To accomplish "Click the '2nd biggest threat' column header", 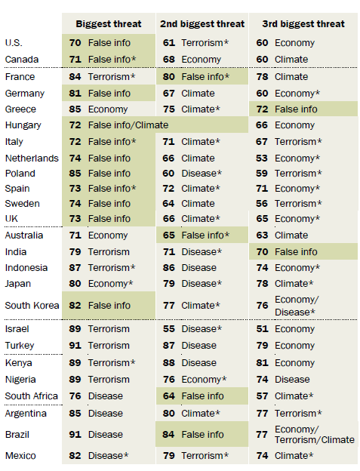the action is (202, 24).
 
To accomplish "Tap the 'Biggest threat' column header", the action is (109, 24).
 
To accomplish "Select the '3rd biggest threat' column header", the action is (303, 24).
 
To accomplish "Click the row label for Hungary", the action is (23, 125).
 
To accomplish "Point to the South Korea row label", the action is (32, 306).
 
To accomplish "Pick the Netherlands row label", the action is (32, 159).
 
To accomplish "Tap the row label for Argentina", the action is (26, 414).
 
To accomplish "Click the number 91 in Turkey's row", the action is (75, 346).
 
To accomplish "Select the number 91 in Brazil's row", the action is (75, 435).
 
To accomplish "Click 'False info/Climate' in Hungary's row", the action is (128, 125).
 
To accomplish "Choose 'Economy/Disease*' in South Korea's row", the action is (297, 306).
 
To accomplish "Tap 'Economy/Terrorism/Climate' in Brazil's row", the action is (315, 435).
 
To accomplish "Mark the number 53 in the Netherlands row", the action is (262, 159).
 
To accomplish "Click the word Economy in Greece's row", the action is (108, 109).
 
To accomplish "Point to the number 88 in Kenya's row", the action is (169, 363).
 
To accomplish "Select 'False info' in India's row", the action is (296, 251).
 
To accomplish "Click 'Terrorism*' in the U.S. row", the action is (205, 43).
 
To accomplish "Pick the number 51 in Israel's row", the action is (262, 329).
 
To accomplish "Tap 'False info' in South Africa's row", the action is (203, 396).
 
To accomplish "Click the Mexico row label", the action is (20, 456).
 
